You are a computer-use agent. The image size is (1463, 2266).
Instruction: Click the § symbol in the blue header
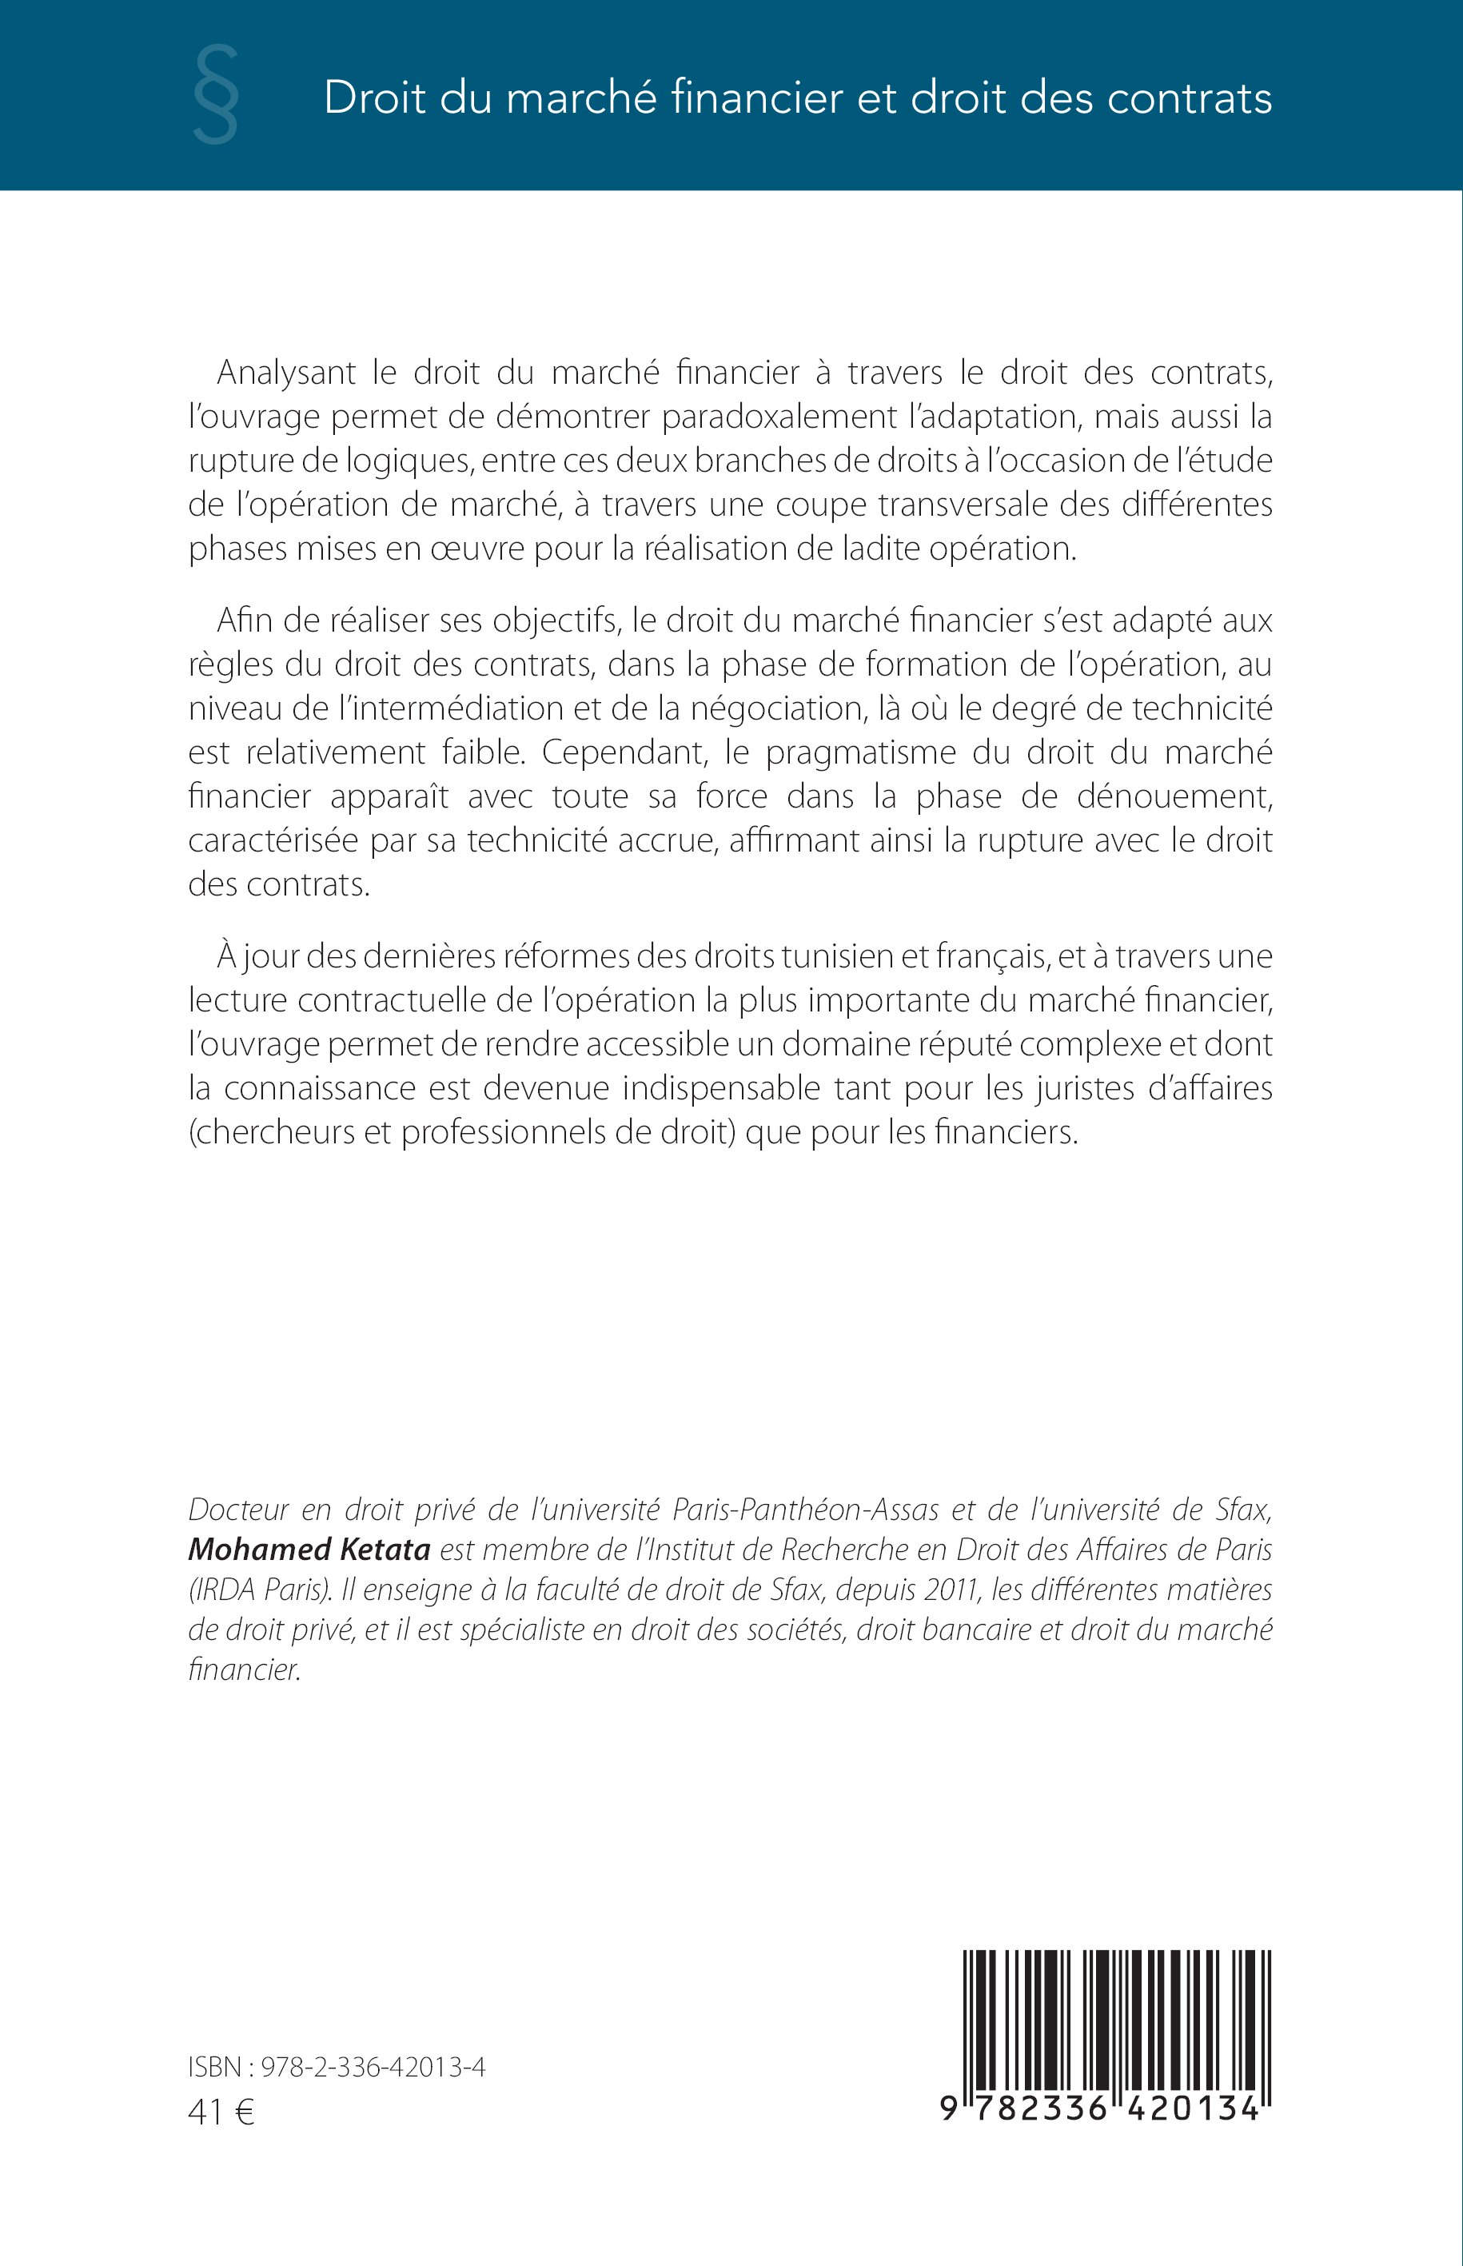(x=216, y=96)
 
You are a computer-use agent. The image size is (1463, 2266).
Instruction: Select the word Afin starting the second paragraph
(x=244, y=620)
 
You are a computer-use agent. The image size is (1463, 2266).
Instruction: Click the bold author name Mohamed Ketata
(x=309, y=1550)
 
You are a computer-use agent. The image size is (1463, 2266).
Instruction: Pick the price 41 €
(x=221, y=2112)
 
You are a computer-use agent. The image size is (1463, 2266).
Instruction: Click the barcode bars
(x=1117, y=2019)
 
